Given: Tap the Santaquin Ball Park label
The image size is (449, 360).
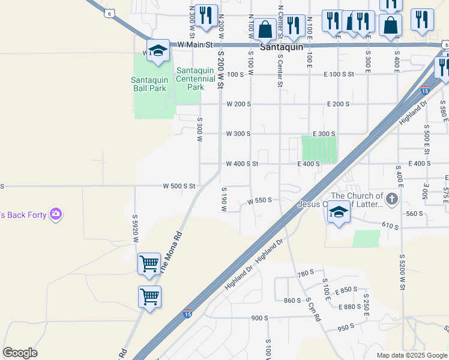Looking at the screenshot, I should click(148, 83).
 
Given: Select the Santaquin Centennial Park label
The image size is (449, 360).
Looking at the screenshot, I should click(196, 79).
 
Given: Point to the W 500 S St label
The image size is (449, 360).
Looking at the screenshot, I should click(179, 186).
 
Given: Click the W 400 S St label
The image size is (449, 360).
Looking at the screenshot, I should click(242, 163).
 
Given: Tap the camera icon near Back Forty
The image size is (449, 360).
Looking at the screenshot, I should click(56, 214).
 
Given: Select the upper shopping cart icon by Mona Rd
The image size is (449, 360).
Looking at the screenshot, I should click(149, 263).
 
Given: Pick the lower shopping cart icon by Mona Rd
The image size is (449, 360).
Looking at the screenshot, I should click(149, 296).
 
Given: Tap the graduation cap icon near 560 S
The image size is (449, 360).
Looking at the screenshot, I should click(339, 213).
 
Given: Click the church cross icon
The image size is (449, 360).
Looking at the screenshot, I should click(392, 199).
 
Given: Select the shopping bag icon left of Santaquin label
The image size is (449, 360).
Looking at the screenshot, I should click(265, 28).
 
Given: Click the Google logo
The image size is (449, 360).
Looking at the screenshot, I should click(20, 353).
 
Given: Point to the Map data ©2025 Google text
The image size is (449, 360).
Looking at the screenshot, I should click(412, 355).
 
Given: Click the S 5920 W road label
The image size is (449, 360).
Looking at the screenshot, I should click(136, 230).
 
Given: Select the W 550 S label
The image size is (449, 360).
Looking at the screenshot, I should click(260, 200).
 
